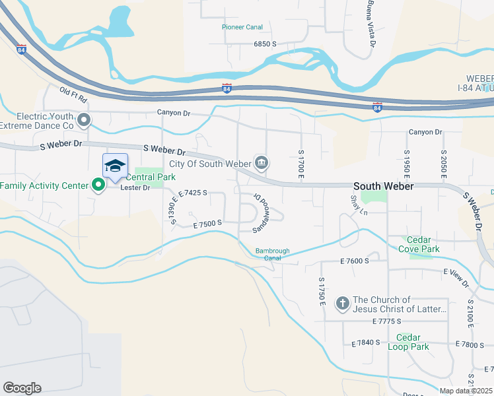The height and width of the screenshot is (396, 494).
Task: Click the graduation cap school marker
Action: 115,166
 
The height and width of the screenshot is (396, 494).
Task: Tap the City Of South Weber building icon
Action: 262,163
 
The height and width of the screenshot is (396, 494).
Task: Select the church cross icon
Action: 342,304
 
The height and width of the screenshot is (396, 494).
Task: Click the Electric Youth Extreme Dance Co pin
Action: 84,120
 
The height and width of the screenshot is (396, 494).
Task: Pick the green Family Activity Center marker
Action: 98,185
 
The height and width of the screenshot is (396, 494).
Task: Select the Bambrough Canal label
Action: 277,254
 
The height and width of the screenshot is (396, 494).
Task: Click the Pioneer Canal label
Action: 242,27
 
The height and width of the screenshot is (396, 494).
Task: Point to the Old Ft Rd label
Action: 73,95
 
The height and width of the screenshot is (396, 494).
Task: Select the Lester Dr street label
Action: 135,188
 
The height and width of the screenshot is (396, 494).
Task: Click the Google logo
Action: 22,388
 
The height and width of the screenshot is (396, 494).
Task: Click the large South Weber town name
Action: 383,187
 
